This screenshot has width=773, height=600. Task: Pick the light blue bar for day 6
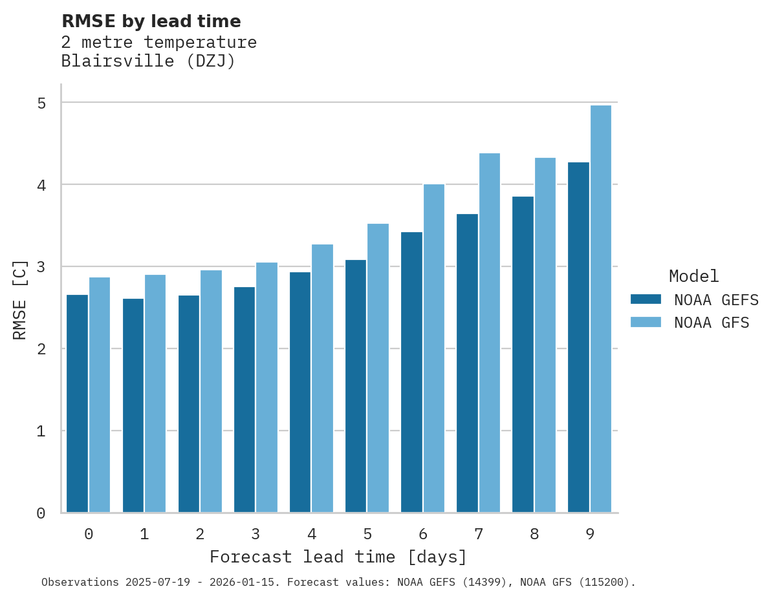434,348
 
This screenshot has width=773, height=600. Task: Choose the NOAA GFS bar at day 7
490,333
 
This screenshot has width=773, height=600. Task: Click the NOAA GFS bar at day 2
212,391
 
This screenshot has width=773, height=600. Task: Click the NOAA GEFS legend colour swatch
646,299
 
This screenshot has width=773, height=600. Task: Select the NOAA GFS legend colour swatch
646,322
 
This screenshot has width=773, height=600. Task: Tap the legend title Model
693,276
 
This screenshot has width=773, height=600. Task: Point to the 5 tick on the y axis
41,103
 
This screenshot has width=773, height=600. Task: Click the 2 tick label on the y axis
41,349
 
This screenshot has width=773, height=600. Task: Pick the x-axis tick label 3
256,534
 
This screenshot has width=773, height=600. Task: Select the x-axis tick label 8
534,534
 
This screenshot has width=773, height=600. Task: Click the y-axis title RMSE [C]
20,299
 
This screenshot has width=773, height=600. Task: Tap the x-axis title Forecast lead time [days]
338,557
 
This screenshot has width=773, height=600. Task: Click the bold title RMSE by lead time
151,21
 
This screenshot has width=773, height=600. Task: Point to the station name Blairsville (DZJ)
148,61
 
